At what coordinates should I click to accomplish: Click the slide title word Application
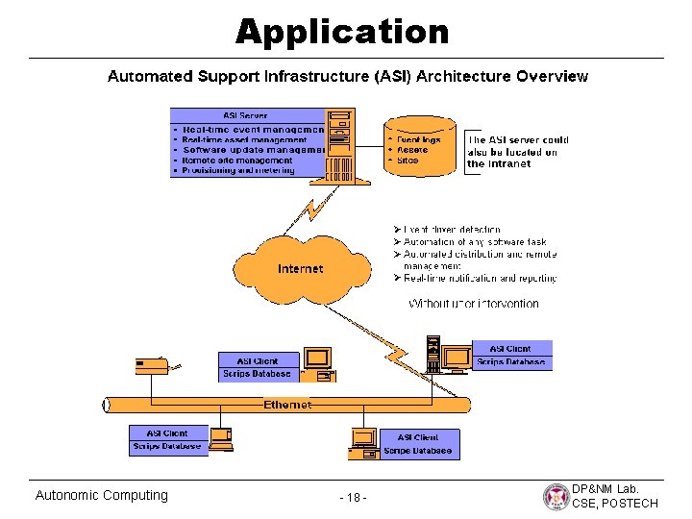pyautogui.click(x=342, y=32)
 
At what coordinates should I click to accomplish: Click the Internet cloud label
pyautogui.click(x=300, y=269)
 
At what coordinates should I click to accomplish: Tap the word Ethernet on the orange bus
pyautogui.click(x=287, y=405)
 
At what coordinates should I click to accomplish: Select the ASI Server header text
pyautogui.click(x=245, y=116)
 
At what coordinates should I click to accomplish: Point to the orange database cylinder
pyautogui.click(x=419, y=147)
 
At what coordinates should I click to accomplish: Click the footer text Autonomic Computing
pyautogui.click(x=101, y=495)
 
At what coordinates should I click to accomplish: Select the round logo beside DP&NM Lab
pyautogui.click(x=556, y=496)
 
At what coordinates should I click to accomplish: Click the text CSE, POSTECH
pyautogui.click(x=615, y=504)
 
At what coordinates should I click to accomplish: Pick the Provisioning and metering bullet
pyautogui.click(x=238, y=171)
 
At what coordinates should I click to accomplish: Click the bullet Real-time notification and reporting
pyautogui.click(x=480, y=279)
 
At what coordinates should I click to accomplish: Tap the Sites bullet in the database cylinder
pyautogui.click(x=408, y=161)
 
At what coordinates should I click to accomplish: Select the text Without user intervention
pyautogui.click(x=474, y=304)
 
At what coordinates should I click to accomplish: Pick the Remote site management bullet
pyautogui.click(x=237, y=161)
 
